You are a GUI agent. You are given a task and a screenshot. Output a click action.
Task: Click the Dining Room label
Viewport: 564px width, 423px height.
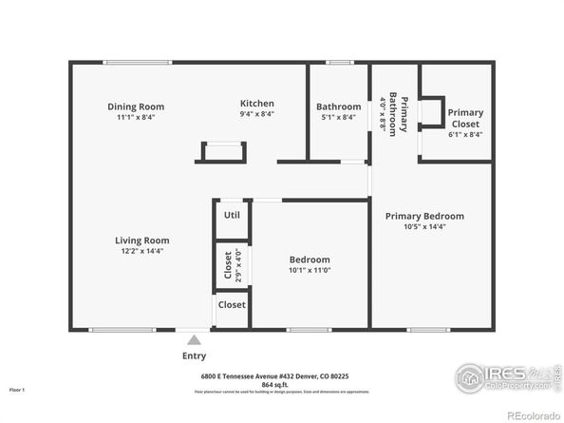(x=136, y=106)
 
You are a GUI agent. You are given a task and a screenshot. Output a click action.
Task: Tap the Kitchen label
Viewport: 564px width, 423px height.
(x=256, y=104)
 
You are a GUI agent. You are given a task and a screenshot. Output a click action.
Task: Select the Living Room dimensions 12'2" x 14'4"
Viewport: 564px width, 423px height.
(x=142, y=251)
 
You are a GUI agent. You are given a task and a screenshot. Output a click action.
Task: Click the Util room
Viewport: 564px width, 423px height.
(x=232, y=216)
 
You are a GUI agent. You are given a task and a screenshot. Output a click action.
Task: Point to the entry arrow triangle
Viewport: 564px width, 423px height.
(x=194, y=339)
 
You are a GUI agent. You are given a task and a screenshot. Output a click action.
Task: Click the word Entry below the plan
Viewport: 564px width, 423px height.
(x=194, y=356)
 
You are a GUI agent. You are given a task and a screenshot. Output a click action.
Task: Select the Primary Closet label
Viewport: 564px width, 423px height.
(x=465, y=118)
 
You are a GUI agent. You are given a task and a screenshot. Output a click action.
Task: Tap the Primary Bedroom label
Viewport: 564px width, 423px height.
(x=424, y=216)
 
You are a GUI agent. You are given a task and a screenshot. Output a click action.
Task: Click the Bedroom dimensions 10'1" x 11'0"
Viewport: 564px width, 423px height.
(x=310, y=270)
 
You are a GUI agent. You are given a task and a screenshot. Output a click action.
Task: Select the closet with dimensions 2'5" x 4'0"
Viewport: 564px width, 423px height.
(x=228, y=264)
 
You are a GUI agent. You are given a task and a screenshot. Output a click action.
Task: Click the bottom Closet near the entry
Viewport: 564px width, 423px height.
(x=232, y=305)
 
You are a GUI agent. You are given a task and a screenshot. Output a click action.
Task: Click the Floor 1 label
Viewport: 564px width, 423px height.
(x=16, y=390)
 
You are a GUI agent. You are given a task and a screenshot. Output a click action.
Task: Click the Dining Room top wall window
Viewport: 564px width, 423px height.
(x=138, y=63)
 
